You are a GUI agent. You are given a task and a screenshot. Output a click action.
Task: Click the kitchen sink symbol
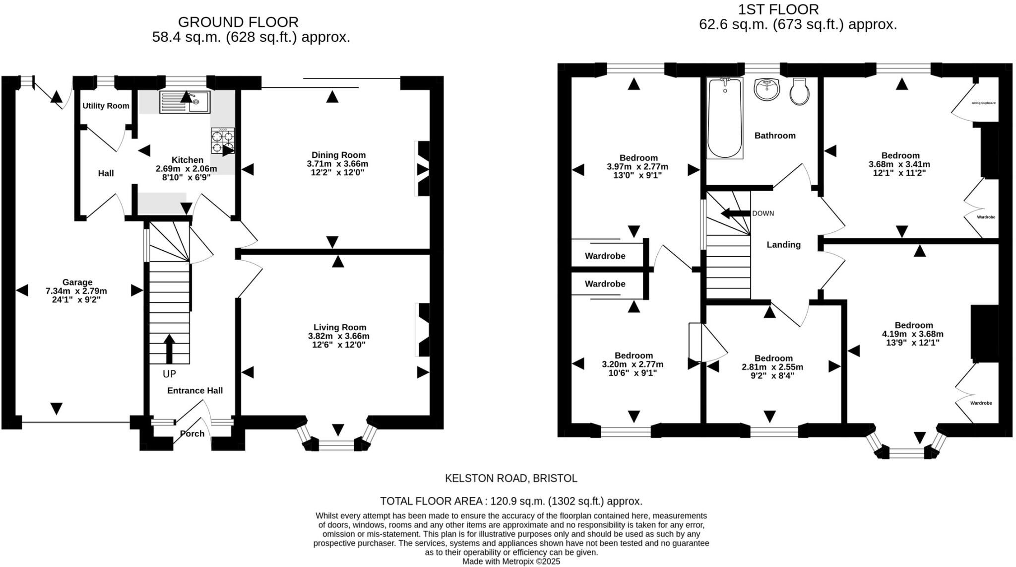tap(185, 102)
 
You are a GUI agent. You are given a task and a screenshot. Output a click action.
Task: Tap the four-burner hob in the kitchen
tap(223, 141)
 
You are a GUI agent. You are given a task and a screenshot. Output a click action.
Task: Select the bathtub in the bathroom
tap(725, 118)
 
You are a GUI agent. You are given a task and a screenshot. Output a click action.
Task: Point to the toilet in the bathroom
tap(799, 92)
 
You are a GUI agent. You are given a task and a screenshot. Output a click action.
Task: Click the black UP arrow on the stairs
tap(169, 349)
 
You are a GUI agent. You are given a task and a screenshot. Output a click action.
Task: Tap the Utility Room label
tap(106, 106)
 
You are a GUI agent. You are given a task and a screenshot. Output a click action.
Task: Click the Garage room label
tap(77, 282)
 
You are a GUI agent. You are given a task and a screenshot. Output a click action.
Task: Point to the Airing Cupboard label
tap(983, 103)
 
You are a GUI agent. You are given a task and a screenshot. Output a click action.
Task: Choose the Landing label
tap(783, 244)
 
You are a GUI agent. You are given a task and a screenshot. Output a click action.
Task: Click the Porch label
tap(192, 433)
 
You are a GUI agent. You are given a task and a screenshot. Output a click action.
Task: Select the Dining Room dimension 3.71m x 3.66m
tap(337, 164)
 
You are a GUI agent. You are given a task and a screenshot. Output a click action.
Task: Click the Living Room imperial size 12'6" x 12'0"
tap(339, 345)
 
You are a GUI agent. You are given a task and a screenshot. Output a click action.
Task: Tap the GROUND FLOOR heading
tap(238, 22)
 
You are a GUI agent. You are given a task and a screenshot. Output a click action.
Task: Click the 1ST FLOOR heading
tap(778, 9)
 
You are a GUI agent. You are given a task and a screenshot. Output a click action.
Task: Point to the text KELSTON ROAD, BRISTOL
tap(511, 478)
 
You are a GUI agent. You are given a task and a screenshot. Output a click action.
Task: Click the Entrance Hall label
tap(195, 390)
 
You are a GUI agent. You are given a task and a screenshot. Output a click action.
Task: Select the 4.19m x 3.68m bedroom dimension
tap(913, 334)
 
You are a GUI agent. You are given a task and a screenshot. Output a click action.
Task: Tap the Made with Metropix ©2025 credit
tap(511, 562)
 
